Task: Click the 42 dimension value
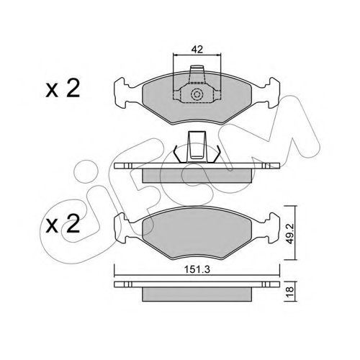point(197,50)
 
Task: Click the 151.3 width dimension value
point(197,270)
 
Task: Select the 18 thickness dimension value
point(290,289)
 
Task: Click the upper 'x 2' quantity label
point(63,89)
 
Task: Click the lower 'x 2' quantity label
point(63,224)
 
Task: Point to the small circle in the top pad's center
point(197,94)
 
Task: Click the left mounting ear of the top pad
point(122,93)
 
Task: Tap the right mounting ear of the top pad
point(272,93)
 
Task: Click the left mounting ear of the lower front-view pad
point(122,228)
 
